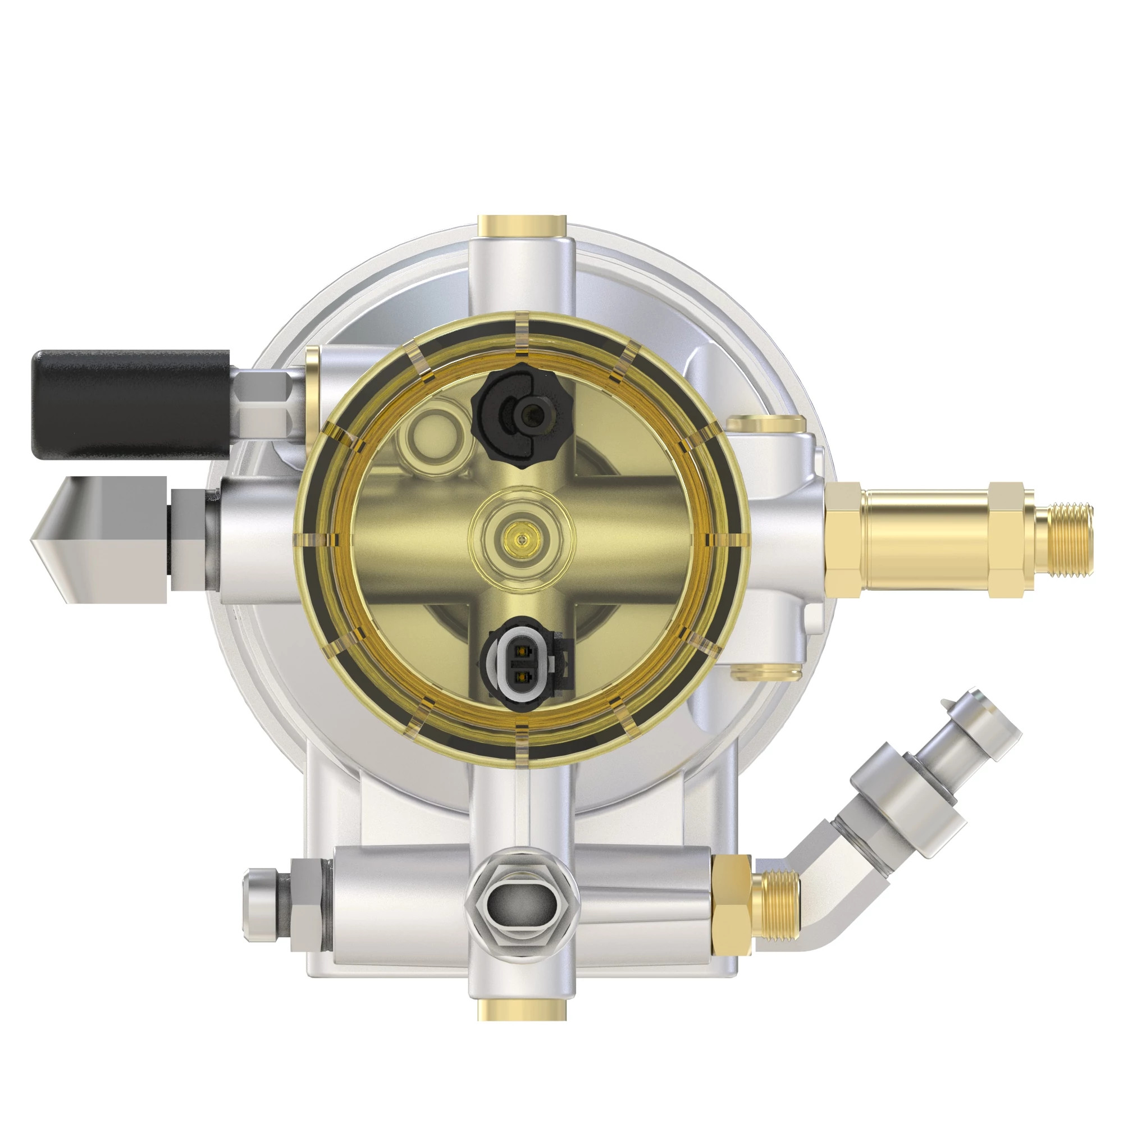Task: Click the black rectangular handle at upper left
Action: click(131, 405)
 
